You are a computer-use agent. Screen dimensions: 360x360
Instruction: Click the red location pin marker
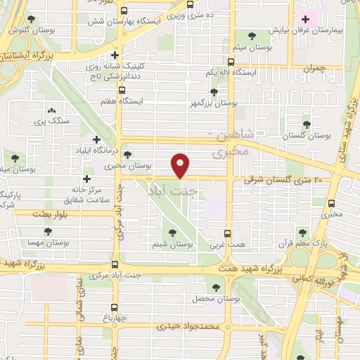tap(181, 165)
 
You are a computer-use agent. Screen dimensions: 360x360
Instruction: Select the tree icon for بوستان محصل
tap(216, 287)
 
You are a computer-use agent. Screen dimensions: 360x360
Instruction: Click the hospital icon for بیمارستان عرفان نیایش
tap(304, 19)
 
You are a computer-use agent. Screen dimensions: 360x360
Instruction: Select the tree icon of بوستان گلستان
tap(306, 122)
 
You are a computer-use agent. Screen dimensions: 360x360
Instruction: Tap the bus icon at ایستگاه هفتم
tap(122, 90)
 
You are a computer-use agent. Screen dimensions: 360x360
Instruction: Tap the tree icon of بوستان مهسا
tap(47, 231)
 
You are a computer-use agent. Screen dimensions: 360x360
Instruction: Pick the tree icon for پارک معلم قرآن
tap(302, 232)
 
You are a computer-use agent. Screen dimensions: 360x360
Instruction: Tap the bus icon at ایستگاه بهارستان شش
tap(124, 11)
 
